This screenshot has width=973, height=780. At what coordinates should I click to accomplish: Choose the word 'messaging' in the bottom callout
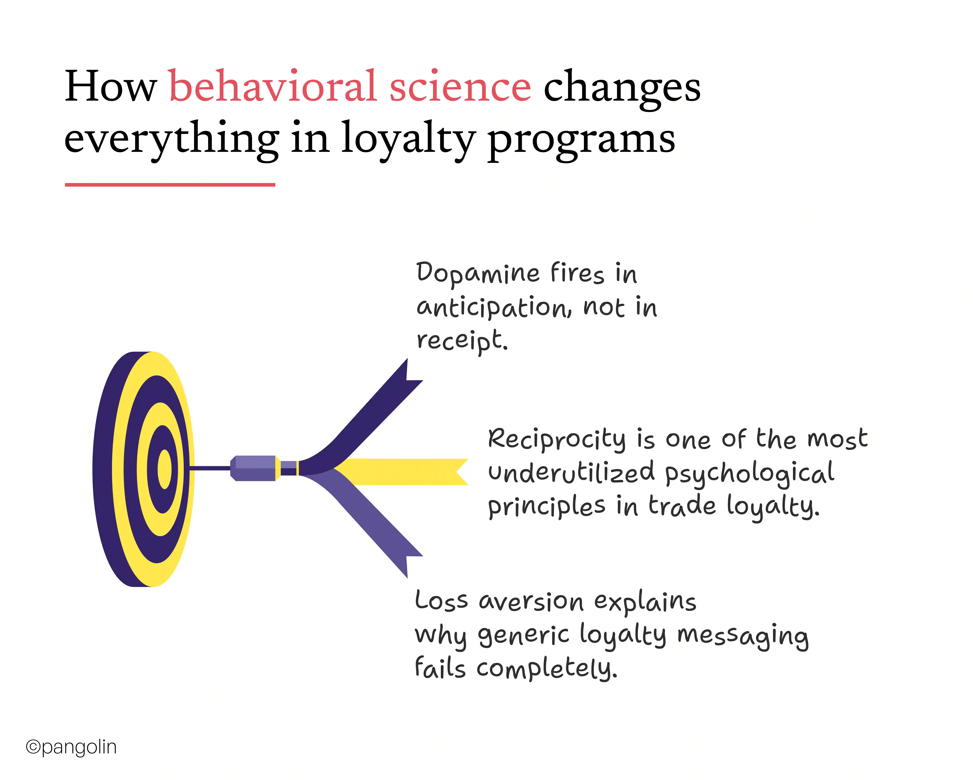click(x=742, y=636)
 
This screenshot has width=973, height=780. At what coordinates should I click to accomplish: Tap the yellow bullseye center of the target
click(x=164, y=469)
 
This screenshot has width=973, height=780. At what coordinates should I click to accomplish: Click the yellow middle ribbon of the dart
click(x=406, y=472)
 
